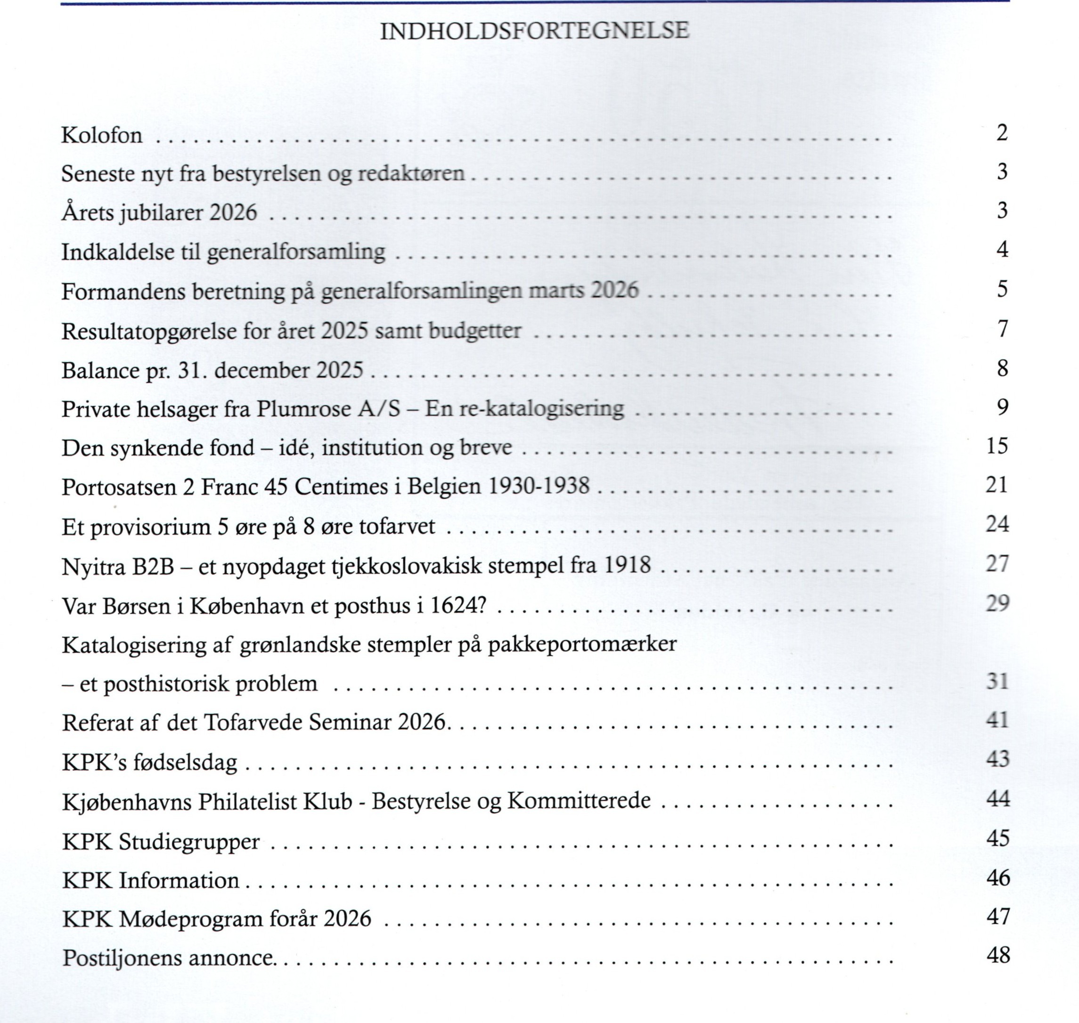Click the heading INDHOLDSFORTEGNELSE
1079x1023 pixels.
pyautogui.click(x=534, y=31)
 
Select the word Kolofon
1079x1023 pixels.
pyautogui.click(x=102, y=135)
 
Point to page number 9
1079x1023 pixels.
pyautogui.click(x=1003, y=407)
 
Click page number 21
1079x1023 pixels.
pyautogui.click(x=997, y=485)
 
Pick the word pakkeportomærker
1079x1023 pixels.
pyautogui.click(x=582, y=644)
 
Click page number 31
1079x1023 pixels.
pyautogui.click(x=997, y=681)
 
